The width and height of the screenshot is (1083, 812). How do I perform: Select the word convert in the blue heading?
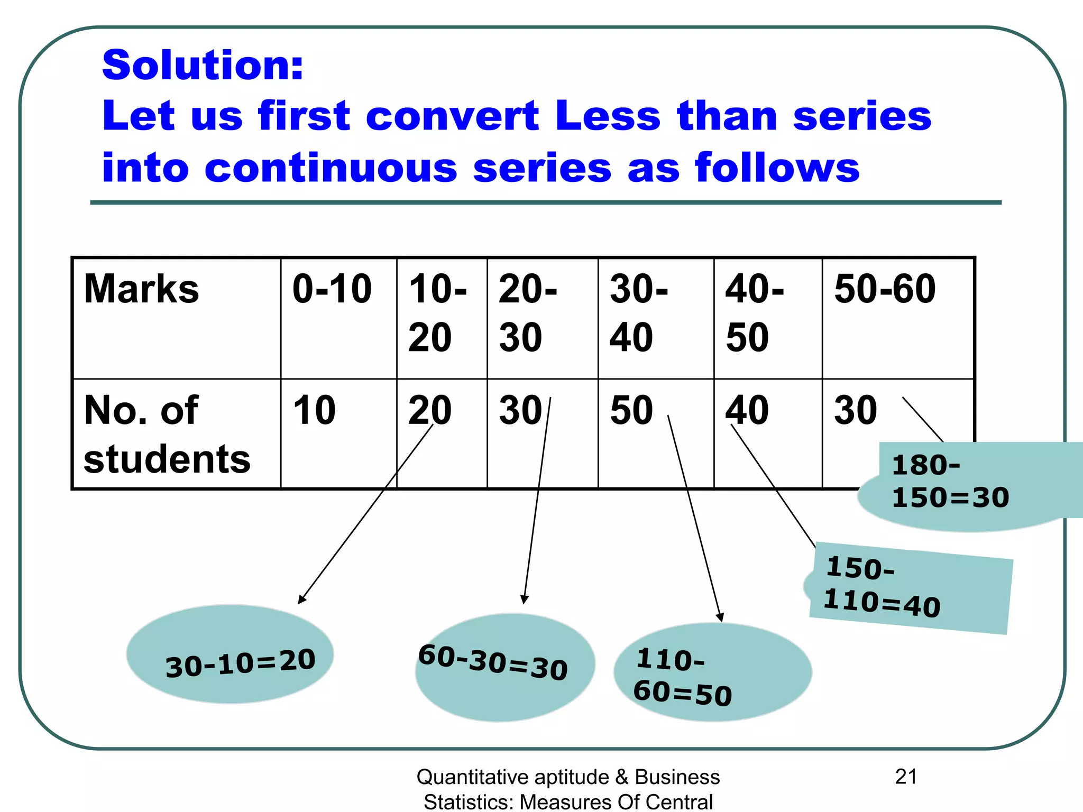452,116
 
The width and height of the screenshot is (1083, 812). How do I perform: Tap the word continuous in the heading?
331,168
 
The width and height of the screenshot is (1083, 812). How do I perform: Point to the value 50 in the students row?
631,411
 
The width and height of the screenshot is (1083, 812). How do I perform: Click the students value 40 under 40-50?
747,411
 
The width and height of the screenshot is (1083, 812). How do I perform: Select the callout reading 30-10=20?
240,662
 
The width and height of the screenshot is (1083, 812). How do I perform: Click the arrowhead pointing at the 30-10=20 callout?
301,600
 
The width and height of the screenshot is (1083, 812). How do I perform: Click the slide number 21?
906,777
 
